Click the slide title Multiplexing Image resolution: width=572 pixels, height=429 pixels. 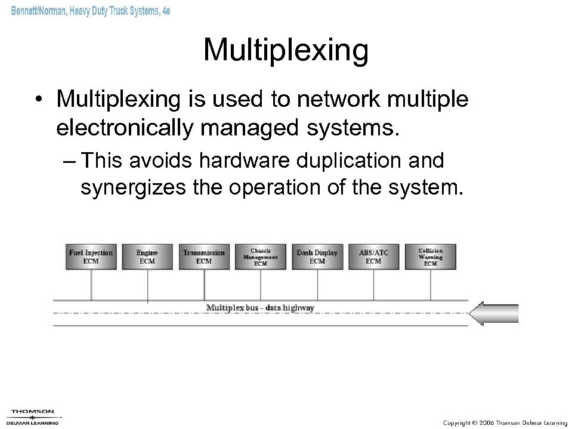[286, 50]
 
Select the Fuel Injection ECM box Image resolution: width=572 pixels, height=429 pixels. [91, 257]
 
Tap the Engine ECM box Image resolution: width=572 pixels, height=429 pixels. [147, 257]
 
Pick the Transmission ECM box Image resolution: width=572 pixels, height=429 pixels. [203, 257]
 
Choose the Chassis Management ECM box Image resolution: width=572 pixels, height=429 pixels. [260, 257]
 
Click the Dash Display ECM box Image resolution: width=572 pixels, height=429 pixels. [317, 257]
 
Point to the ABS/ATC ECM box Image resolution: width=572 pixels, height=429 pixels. [373, 257]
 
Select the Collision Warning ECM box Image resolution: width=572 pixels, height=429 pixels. [430, 257]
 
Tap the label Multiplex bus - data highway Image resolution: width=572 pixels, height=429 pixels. [260, 308]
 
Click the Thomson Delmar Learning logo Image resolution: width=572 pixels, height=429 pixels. [33, 416]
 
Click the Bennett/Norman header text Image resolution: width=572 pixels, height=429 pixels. [90, 11]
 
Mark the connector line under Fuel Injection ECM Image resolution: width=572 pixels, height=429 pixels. [91, 285]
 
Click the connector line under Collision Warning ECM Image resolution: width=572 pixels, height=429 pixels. [430, 285]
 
